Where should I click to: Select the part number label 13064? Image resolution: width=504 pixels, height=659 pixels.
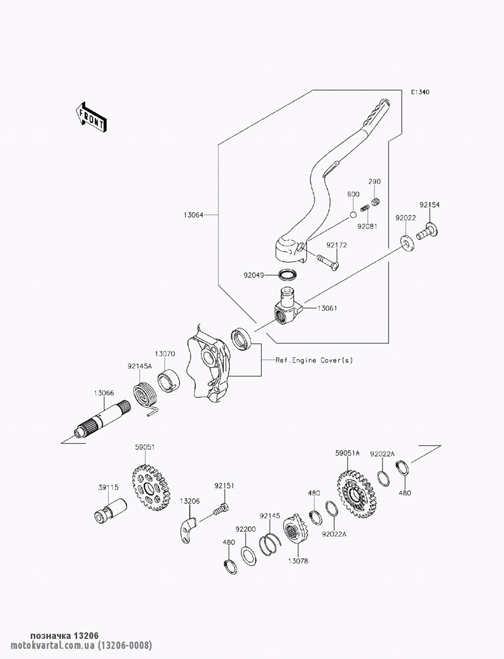[194, 215]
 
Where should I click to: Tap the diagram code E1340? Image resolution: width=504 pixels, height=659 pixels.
[420, 92]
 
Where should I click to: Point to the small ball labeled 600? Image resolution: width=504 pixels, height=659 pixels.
[353, 215]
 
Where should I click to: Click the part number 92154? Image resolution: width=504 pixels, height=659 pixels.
[429, 205]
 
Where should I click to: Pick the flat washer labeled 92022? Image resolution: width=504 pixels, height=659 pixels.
[407, 244]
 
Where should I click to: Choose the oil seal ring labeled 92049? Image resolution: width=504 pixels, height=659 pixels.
[288, 275]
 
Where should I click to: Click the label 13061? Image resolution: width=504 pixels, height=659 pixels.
[327, 308]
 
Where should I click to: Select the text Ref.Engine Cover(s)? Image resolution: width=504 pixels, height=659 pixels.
[314, 360]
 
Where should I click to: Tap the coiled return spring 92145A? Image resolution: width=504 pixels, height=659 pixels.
[145, 396]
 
